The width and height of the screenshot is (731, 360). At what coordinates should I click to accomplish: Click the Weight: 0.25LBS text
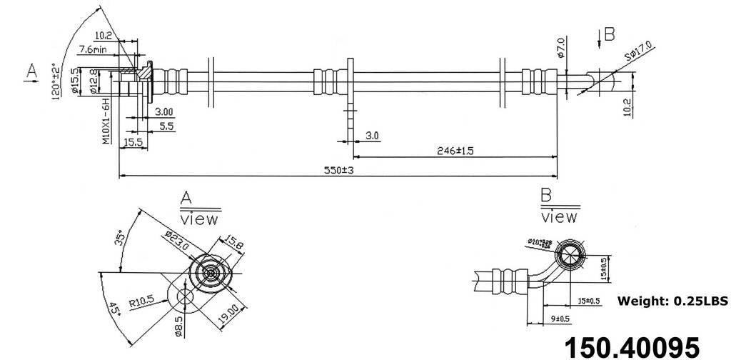click(672, 301)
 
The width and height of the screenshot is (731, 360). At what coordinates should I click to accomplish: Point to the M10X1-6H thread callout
click(105, 122)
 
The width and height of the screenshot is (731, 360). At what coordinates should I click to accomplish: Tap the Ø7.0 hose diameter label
click(561, 47)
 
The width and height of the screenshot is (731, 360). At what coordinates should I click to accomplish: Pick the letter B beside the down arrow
click(609, 33)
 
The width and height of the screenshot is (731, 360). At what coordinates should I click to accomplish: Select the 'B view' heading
click(559, 206)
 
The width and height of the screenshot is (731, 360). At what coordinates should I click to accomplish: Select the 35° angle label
click(121, 236)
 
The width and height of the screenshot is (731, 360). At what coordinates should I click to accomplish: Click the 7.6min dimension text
click(94, 49)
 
